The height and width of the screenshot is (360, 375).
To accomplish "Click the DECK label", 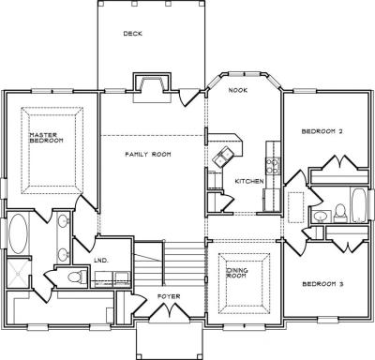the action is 133,34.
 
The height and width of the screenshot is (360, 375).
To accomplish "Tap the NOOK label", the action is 238,90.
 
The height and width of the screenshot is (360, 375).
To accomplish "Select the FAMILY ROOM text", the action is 148,154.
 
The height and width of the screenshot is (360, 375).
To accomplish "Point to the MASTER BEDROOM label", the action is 46,138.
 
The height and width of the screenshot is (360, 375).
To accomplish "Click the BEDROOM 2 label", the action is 322,131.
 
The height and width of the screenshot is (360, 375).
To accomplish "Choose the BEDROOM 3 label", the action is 322,284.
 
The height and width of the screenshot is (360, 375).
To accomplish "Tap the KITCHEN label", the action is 249,181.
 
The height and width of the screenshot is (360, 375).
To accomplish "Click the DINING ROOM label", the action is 236,273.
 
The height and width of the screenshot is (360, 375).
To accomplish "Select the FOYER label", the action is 169,296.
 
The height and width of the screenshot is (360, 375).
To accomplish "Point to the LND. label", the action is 101,260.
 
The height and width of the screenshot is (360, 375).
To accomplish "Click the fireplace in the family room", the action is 153,88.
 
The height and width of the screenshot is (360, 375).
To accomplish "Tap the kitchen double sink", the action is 223,156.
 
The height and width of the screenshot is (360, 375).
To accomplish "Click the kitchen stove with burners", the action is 273,165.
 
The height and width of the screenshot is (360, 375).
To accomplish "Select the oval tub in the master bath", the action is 18,233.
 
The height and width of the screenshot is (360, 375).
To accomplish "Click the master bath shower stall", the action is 18,273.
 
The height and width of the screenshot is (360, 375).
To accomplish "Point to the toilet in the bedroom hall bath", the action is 339,213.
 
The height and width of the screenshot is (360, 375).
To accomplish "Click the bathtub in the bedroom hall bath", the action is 359,205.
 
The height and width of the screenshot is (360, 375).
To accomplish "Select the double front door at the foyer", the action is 169,313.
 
